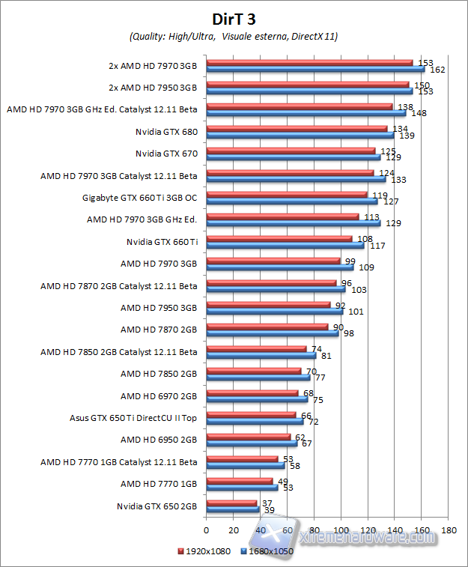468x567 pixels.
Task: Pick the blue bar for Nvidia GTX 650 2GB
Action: point(232,509)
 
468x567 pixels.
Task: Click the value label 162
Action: point(439,70)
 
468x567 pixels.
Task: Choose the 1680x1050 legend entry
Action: point(268,551)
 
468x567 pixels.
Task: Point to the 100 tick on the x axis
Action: point(341,530)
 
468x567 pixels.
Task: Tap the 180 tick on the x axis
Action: point(449,530)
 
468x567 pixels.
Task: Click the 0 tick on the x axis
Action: point(206,530)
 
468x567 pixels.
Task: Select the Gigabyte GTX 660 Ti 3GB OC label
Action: point(139,198)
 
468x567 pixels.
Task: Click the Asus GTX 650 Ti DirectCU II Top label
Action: point(133,418)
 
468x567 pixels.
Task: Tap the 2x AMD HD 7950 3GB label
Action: point(153,88)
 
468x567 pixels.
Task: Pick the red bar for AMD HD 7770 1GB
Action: point(240,481)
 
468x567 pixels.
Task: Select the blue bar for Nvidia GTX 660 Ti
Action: point(285,246)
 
